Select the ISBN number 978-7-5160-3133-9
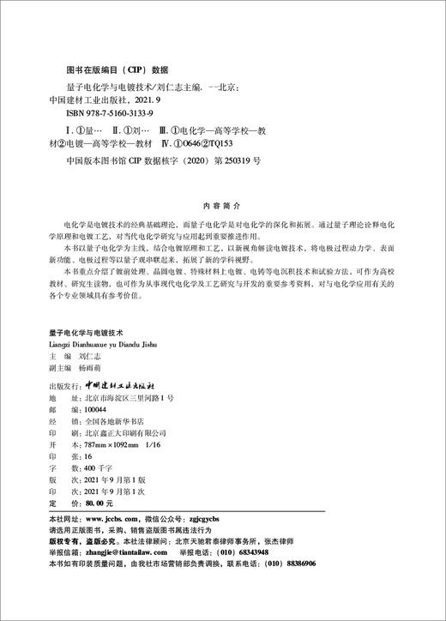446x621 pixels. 117,112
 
